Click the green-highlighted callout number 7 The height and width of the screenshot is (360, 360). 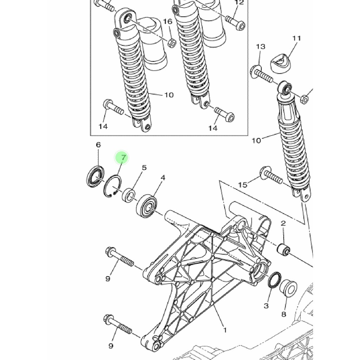click(124, 157)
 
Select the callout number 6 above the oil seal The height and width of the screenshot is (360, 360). click(98, 144)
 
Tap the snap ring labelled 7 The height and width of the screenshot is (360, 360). click(112, 186)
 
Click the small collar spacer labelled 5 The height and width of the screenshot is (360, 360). click(129, 195)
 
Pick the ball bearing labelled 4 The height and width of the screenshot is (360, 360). click(147, 206)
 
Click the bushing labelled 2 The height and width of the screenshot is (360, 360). click(284, 250)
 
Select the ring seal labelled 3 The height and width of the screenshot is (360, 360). click(274, 279)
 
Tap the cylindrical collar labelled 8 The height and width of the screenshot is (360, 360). click(288, 288)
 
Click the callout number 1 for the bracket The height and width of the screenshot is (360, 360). click(225, 330)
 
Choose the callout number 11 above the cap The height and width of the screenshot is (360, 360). click(296, 38)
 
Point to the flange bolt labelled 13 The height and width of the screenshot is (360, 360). click(262, 74)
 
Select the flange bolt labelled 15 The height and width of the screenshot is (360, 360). click(271, 175)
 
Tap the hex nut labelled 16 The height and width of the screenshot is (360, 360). click(172, 43)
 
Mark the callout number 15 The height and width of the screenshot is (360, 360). click(243, 185)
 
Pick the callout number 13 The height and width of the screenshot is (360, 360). click(261, 47)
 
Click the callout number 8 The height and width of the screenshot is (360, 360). click(284, 314)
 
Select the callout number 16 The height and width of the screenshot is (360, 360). click(168, 21)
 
